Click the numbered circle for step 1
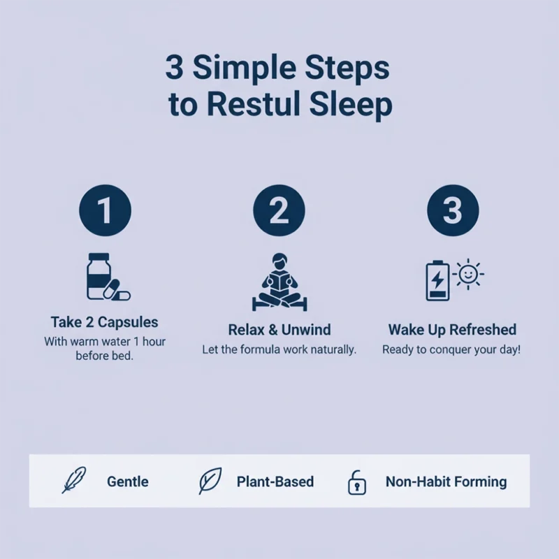[x=104, y=210]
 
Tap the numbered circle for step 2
[x=279, y=210]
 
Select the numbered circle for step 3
[x=453, y=210]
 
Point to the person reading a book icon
[x=279, y=281]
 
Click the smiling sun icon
[x=469, y=274]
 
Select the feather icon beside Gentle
[x=73, y=481]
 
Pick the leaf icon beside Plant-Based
[x=210, y=481]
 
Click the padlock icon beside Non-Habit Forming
[x=357, y=482]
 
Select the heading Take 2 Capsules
[x=104, y=322]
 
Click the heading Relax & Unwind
[x=279, y=329]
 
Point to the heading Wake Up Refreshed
[x=452, y=329]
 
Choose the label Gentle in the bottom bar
[x=127, y=481]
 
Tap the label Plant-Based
[x=275, y=481]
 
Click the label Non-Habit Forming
[x=446, y=481]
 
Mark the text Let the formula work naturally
[x=279, y=349]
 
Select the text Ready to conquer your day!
[x=451, y=349]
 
